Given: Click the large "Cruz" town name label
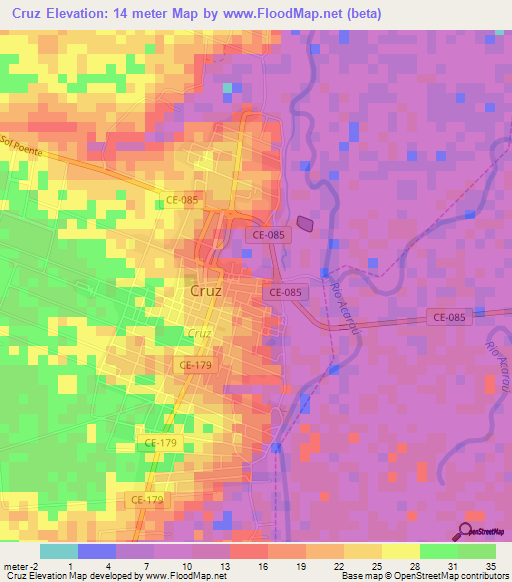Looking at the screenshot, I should pyautogui.click(x=205, y=291).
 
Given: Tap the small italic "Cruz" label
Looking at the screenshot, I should pyautogui.click(x=199, y=333).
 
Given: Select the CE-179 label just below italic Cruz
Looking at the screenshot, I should pyautogui.click(x=195, y=366).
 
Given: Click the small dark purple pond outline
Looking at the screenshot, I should pyautogui.click(x=305, y=226).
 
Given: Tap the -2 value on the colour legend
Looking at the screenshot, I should pyautogui.click(x=33, y=538).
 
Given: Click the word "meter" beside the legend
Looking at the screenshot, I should pyautogui.click(x=14, y=538).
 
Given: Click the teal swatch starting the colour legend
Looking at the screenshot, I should pyautogui.click(x=58, y=551).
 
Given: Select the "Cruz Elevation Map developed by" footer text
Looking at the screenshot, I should pyautogui.click(x=70, y=575).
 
